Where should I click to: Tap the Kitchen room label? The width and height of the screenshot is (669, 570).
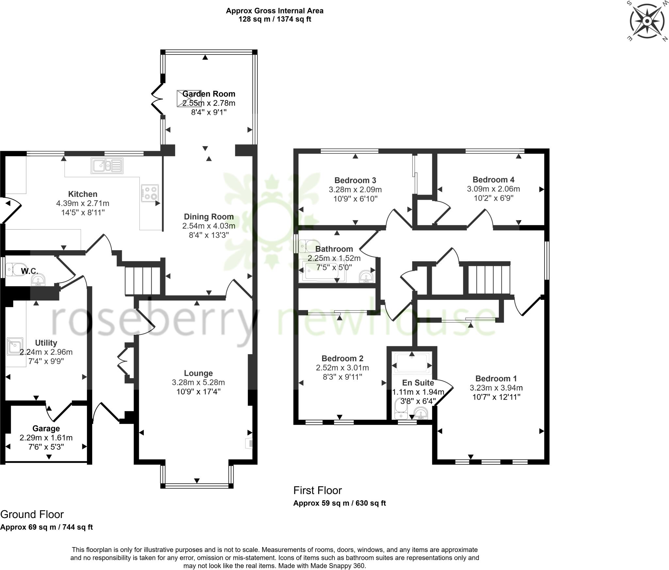(x=83, y=194)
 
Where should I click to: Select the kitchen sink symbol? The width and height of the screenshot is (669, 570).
(x=107, y=166)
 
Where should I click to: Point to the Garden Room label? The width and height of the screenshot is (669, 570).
(x=209, y=94)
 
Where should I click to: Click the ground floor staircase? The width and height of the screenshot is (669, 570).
(x=143, y=281)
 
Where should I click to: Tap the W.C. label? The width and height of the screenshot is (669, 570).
(x=30, y=271)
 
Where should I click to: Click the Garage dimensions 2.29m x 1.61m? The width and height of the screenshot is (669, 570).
(x=46, y=438)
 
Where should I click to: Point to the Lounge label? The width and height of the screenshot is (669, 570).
(x=198, y=373)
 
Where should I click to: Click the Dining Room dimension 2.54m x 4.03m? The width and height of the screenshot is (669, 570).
(x=209, y=226)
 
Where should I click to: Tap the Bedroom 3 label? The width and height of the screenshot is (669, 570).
(x=355, y=180)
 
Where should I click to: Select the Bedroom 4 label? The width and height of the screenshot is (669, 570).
(x=493, y=180)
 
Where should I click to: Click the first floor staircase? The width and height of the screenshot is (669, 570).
(x=489, y=280)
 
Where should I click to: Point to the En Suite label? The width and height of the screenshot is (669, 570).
(x=418, y=383)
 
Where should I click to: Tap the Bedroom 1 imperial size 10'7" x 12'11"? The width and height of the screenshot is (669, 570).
(x=496, y=397)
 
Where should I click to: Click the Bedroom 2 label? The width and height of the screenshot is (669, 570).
(x=342, y=358)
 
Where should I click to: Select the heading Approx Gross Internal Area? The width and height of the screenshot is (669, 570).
(x=275, y=11)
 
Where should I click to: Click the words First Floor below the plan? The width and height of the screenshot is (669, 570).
(x=318, y=491)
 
